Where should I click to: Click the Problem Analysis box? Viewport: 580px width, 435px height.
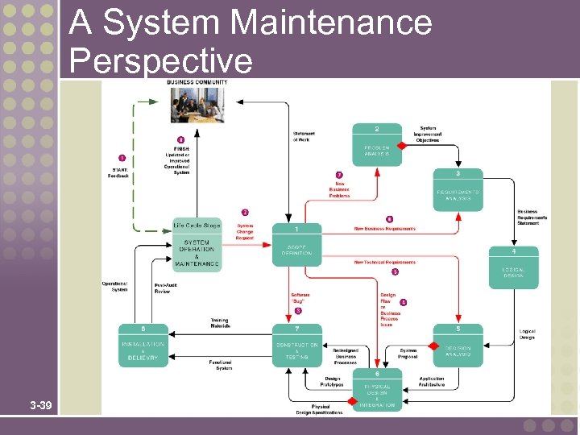(377, 144)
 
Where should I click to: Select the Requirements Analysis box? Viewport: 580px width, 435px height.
(458, 189)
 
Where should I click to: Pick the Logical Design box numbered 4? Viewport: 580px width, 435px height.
(513, 267)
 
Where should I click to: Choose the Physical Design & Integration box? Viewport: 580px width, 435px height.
(377, 390)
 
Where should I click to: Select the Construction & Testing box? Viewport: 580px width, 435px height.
(296, 346)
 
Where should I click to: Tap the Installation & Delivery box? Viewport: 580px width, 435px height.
(143, 346)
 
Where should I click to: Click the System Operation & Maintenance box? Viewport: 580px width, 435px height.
(197, 245)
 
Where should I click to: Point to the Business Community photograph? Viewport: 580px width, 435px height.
(197, 104)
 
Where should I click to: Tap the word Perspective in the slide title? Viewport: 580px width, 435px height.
(161, 60)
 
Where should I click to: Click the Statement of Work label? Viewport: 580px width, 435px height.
(304, 137)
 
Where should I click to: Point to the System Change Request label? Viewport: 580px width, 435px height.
(245, 231)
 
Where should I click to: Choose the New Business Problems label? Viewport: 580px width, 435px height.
(339, 189)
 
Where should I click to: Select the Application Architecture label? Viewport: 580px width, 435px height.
(431, 382)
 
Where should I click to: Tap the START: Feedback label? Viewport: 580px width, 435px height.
(118, 172)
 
